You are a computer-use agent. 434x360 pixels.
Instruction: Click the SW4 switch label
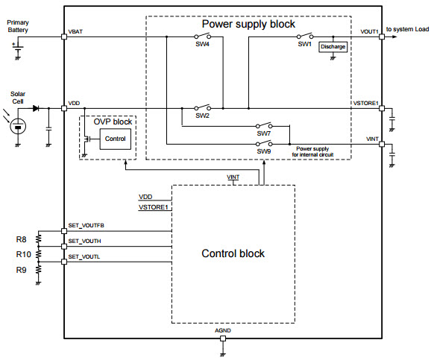[201, 45]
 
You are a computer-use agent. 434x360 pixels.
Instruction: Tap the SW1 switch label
[304, 45]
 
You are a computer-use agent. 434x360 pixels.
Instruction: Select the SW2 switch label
[203, 116]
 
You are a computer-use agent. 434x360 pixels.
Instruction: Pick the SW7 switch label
[263, 135]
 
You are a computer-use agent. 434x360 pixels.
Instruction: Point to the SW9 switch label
[263, 151]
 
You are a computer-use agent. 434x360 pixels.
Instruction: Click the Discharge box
[333, 46]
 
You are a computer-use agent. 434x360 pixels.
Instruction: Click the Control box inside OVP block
[115, 139]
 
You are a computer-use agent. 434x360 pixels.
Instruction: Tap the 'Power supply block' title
[248, 24]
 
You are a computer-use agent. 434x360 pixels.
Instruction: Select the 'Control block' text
[233, 253]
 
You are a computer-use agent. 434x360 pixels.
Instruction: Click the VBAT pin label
[75, 32]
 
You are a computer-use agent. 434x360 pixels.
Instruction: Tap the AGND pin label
[223, 330]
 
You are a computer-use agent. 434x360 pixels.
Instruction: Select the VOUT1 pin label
[370, 32]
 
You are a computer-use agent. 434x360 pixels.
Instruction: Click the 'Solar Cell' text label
[18, 98]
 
